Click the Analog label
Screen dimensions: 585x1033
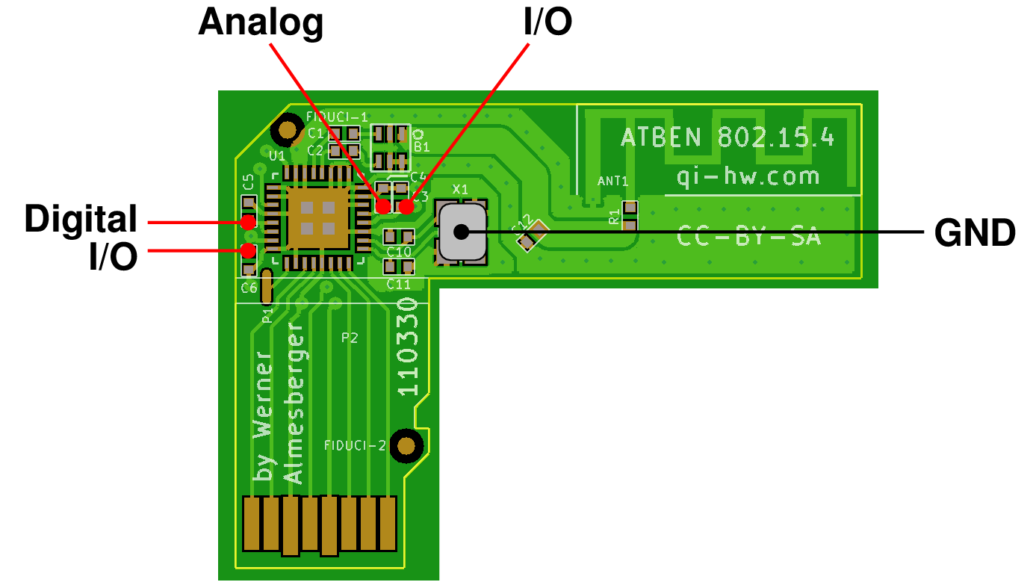click(261, 23)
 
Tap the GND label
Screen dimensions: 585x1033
click(975, 233)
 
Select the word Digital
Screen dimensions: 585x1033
click(81, 220)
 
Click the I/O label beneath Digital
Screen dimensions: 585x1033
click(113, 258)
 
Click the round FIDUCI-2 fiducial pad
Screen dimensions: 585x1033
click(406, 446)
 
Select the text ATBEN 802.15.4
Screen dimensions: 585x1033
click(727, 137)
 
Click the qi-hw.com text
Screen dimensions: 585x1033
click(748, 176)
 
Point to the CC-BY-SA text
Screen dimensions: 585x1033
click(749, 236)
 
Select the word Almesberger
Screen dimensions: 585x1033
click(294, 403)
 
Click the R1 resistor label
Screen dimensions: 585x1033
click(614, 217)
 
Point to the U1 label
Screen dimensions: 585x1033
click(277, 155)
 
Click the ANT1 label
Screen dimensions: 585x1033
click(613, 181)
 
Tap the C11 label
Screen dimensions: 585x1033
click(399, 284)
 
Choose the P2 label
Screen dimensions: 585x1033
click(350, 338)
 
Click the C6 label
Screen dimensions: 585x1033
click(249, 287)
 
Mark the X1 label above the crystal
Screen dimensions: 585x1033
click(460, 190)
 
